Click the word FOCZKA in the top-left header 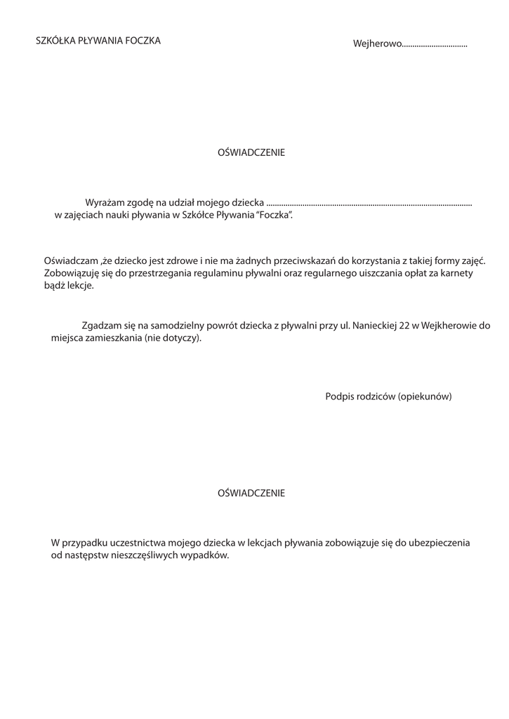click(143, 41)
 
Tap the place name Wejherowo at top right click(377, 44)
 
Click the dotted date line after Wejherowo click(435, 46)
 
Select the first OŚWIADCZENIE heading click(251, 152)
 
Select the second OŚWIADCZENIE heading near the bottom click(251, 493)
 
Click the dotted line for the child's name click(369, 204)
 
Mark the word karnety click(456, 273)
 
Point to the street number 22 click(404, 326)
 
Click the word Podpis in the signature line click(338, 397)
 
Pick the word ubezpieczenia click(438, 543)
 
